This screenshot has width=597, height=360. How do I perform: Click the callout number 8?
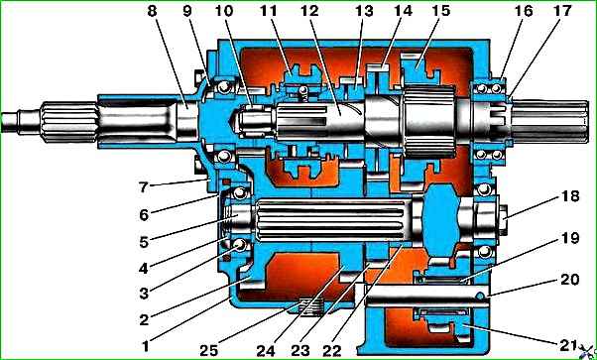(x=152, y=11)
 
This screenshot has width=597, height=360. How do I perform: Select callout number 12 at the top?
(x=308, y=11)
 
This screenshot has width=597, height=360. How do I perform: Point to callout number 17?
(x=562, y=11)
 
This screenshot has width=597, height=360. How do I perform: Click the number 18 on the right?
(x=569, y=196)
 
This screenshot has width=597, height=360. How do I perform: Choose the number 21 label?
(x=567, y=345)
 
